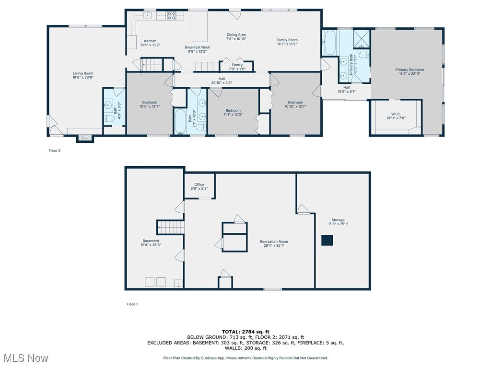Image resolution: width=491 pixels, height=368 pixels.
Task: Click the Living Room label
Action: pyautogui.click(x=83, y=73)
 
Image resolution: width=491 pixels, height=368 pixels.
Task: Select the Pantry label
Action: pyautogui.click(x=237, y=65)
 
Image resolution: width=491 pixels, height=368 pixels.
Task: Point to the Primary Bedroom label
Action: pyautogui.click(x=409, y=69)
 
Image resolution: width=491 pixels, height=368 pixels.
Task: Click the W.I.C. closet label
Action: pyautogui.click(x=396, y=114)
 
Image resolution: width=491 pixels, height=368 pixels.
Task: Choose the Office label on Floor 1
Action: pyautogui.click(x=199, y=184)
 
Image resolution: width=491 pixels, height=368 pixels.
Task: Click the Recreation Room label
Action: pyautogui.click(x=274, y=241)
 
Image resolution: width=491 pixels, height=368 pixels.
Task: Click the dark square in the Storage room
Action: pyautogui.click(x=327, y=241)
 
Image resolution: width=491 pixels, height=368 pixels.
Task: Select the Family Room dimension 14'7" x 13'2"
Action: pyautogui.click(x=287, y=44)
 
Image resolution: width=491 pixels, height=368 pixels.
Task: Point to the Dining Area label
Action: pyautogui.click(x=236, y=34)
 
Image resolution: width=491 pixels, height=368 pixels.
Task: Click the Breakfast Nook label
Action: pyautogui.click(x=198, y=47)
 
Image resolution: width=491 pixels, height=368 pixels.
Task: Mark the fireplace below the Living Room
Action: pyautogui.click(x=85, y=138)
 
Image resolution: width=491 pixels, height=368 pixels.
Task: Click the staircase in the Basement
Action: pyautogui.click(x=171, y=227)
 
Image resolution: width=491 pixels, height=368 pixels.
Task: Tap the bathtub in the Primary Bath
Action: pyautogui.click(x=330, y=43)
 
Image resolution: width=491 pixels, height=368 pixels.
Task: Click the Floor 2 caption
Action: pyautogui.click(x=54, y=150)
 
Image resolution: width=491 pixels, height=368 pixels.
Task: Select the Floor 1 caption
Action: pyautogui.click(x=132, y=304)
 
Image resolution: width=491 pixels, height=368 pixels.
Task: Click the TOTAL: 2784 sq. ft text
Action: pyautogui.click(x=245, y=332)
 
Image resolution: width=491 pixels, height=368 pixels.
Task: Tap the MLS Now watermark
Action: pyautogui.click(x=25, y=358)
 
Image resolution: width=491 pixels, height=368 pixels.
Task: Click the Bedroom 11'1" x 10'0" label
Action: pyautogui.click(x=233, y=110)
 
